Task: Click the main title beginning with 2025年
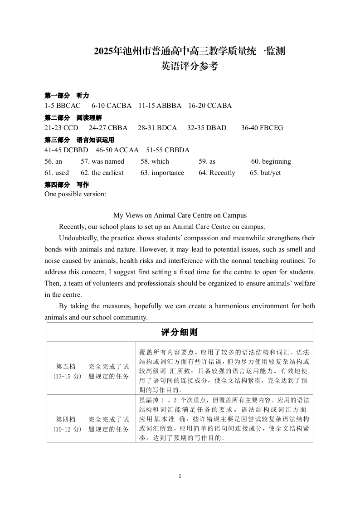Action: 190,51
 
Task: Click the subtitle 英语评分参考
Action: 190,66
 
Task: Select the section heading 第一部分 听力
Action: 67,96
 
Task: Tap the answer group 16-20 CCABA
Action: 210,106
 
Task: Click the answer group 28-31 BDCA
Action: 157,128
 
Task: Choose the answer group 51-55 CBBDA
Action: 168,150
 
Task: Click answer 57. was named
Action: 102,161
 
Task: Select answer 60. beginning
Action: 271,161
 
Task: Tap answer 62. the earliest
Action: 102,173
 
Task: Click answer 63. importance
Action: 162,173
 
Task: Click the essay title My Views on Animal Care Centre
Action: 180,216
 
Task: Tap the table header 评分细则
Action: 180,332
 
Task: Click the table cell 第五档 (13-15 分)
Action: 66,371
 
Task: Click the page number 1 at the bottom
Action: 180,476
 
